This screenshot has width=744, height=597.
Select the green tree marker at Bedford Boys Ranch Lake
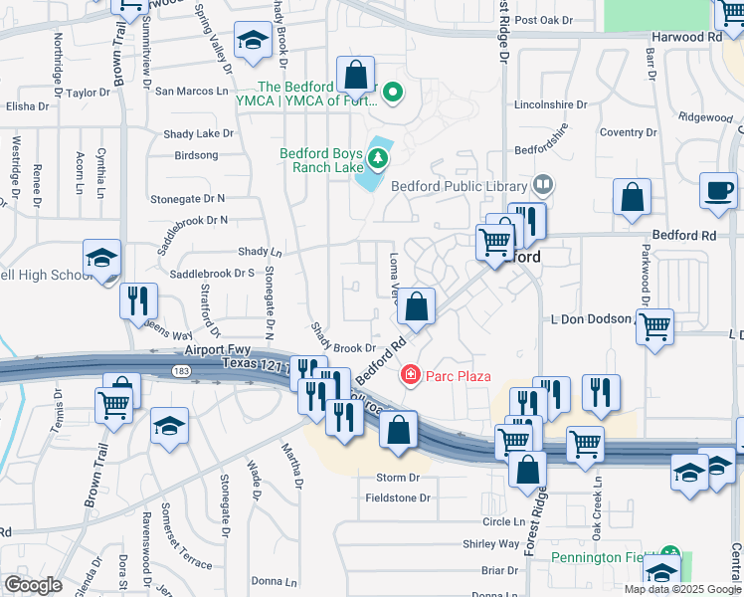coord(378,157)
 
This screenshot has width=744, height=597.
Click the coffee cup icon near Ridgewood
coord(717,190)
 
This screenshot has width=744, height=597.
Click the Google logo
coord(32,585)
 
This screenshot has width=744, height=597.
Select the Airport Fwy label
coord(214,350)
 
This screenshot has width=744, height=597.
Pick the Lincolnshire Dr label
coord(547,104)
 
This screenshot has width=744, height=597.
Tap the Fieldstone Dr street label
coord(397,497)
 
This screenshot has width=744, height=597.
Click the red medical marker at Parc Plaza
coord(409,375)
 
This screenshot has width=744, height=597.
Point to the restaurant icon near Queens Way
coord(138,300)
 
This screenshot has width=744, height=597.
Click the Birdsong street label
coord(196,155)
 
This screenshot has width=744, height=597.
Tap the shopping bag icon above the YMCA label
coord(355,74)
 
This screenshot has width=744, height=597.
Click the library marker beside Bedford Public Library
coord(543,184)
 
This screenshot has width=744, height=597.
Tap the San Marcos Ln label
coord(193,91)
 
